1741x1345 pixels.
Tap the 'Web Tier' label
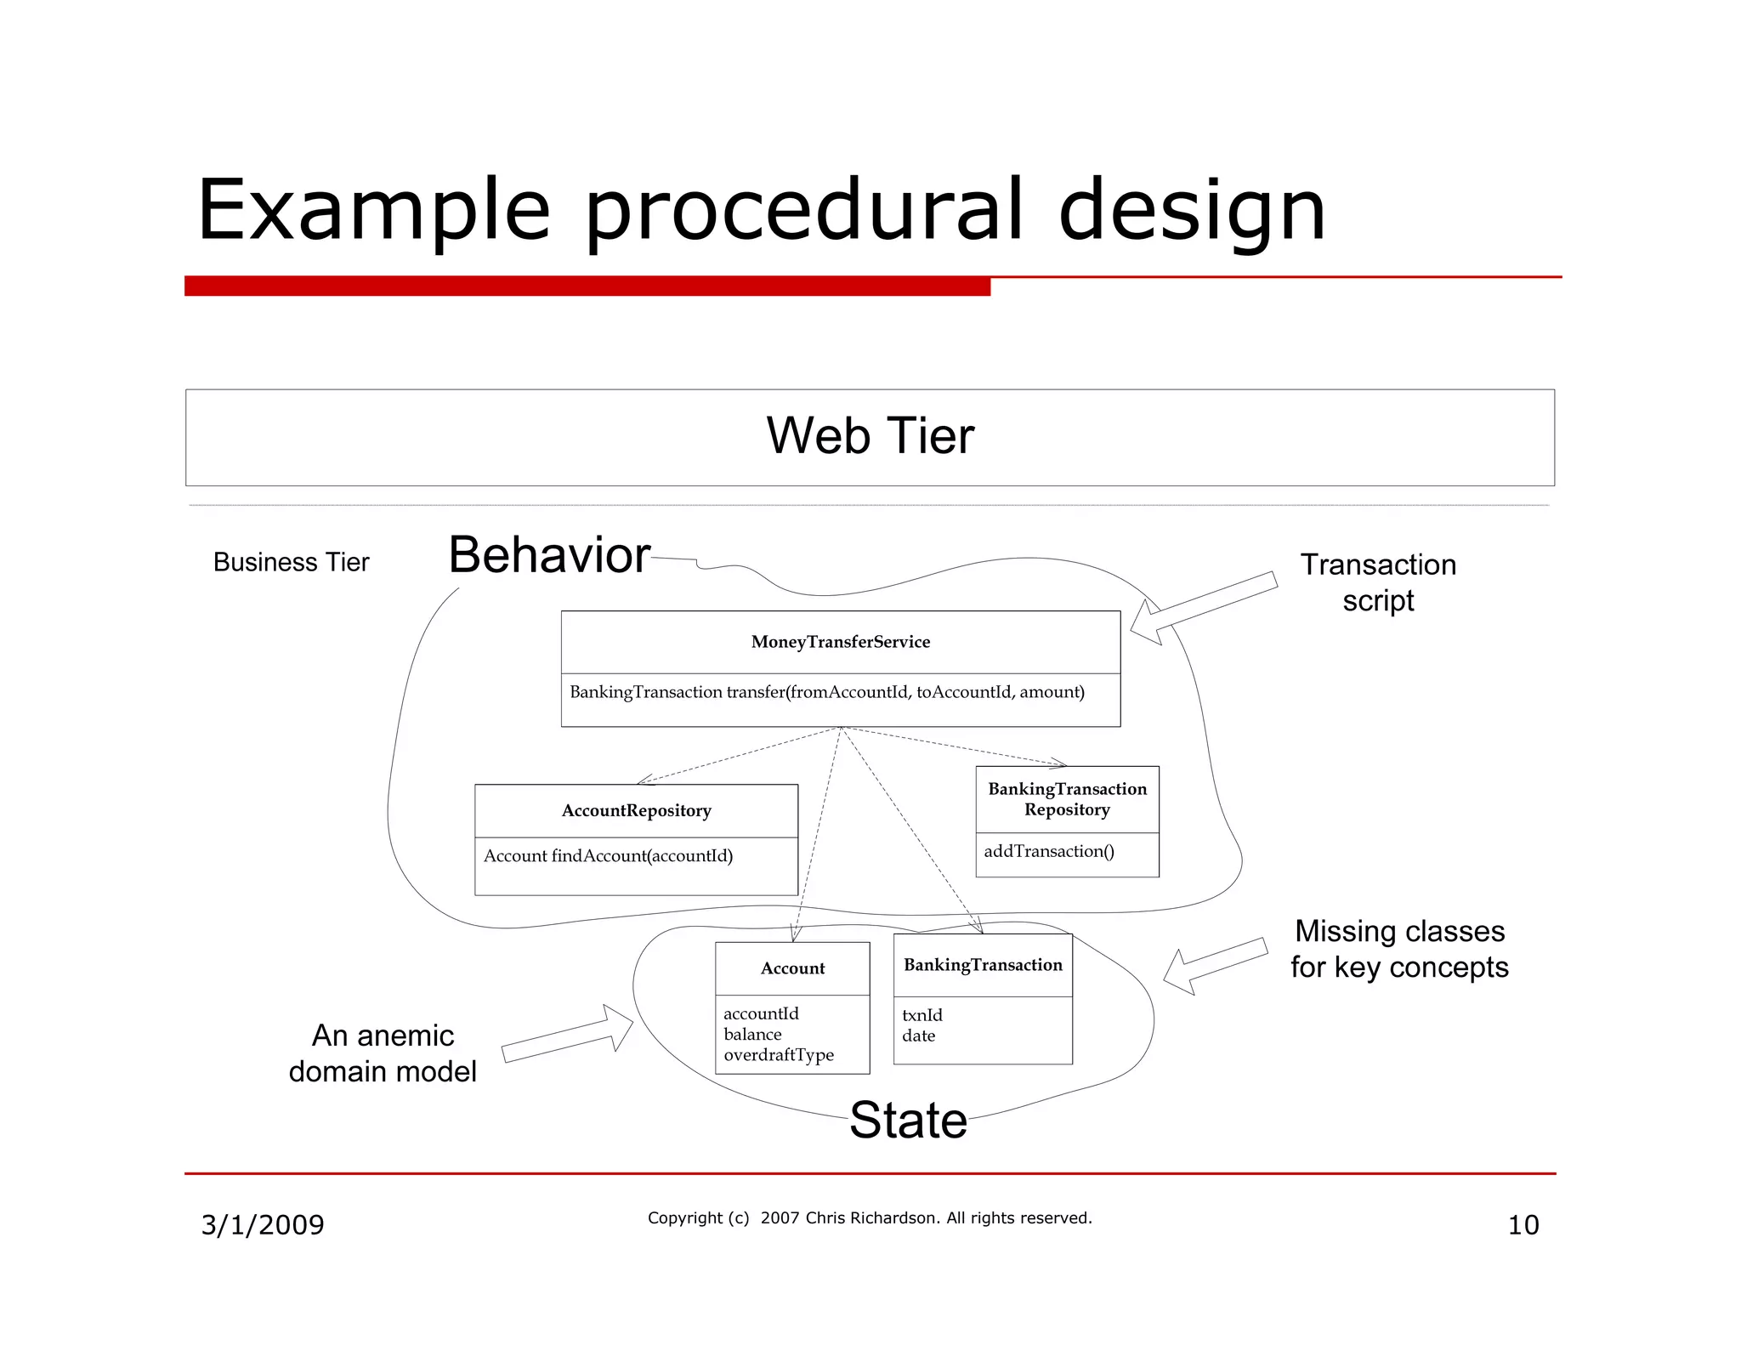pos(870,436)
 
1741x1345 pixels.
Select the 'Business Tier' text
pos(291,562)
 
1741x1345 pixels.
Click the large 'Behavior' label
pos(549,555)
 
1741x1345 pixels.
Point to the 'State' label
pos(908,1120)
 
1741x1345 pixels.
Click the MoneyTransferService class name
pos(840,642)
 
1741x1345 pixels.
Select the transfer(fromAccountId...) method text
pos(826,692)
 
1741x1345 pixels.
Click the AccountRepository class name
pos(636,810)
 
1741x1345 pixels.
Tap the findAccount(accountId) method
pos(608,855)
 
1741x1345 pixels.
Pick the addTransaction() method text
pos(1048,851)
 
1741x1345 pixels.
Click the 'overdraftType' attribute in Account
pos(779,1055)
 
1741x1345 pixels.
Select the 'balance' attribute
pos(752,1035)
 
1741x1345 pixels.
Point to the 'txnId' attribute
pos(922,1015)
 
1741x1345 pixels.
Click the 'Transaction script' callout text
pos(1378,582)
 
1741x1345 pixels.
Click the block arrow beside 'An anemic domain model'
pos(568,1036)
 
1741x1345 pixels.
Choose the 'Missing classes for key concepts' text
pos(1399,949)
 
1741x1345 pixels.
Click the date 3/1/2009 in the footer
pos(262,1225)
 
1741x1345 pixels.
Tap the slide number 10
pos(1523,1225)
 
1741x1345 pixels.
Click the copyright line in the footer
pos(870,1218)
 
